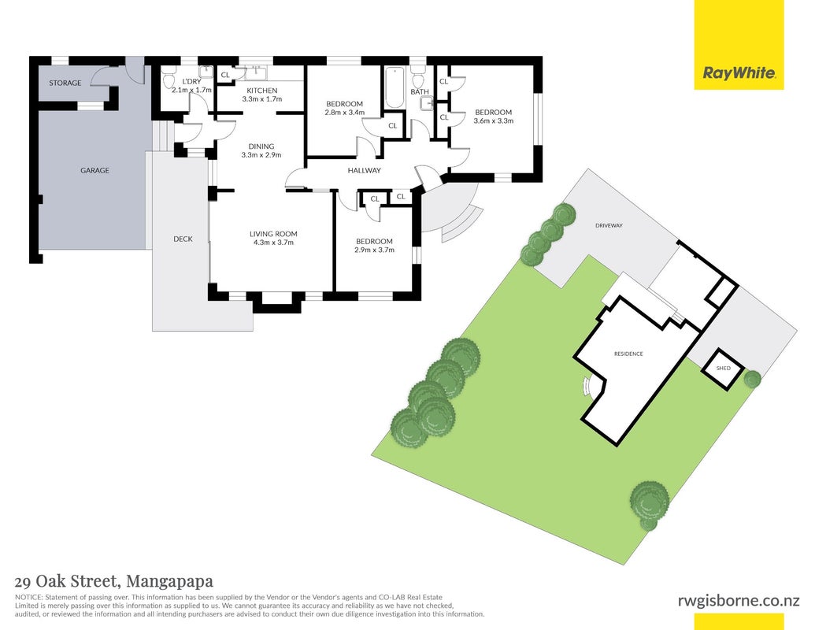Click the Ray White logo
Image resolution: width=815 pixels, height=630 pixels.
(739, 45)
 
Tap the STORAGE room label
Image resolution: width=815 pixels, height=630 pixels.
(65, 83)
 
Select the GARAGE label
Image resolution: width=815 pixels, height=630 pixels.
(94, 170)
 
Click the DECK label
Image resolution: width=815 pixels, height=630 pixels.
(183, 239)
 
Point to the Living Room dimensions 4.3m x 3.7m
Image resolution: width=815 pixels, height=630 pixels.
(273, 243)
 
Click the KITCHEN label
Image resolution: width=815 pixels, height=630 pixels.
(262, 91)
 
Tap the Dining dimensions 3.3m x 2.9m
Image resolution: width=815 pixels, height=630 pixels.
(261, 155)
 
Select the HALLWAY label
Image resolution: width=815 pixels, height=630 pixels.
(364, 171)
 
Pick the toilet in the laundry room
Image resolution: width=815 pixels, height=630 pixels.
(169, 80)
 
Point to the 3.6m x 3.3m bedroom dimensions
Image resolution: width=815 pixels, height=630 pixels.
(493, 120)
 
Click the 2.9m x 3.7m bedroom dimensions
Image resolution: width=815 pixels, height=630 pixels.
(374, 250)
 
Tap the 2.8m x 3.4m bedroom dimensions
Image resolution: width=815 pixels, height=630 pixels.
(344, 113)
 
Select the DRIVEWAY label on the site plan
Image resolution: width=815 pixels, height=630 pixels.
(609, 225)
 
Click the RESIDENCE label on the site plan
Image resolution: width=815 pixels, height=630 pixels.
(628, 354)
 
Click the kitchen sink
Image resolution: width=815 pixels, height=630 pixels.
(256, 72)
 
